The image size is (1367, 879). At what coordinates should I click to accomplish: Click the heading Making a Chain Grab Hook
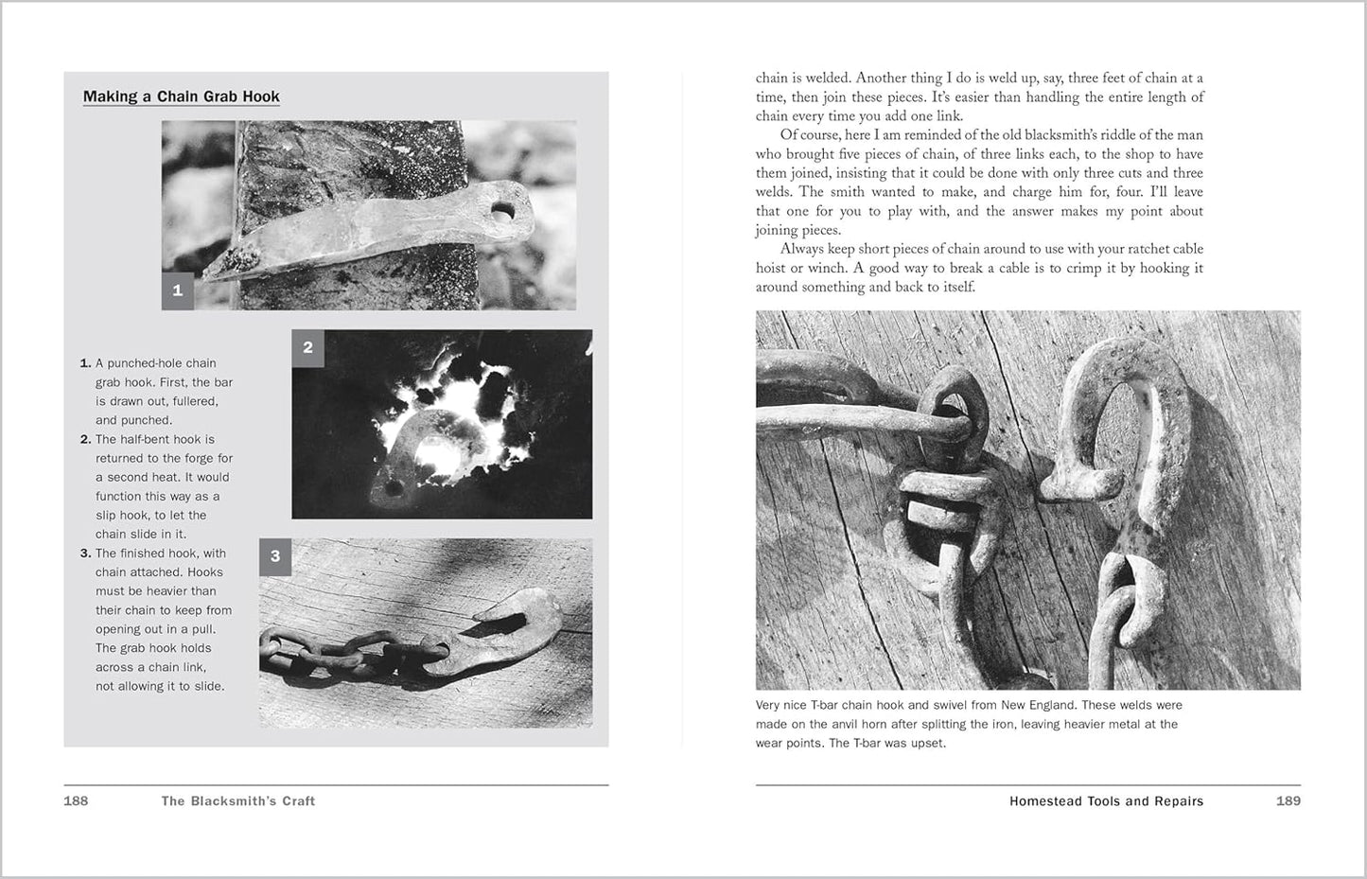(181, 97)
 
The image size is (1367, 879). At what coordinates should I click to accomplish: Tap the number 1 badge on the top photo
(178, 291)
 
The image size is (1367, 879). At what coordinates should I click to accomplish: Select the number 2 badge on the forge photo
(307, 347)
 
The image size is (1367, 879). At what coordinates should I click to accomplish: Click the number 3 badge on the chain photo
(275, 556)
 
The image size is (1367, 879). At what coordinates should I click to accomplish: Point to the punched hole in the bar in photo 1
(500, 207)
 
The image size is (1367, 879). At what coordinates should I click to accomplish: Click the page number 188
(76, 800)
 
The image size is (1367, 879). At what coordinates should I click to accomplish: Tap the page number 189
(1288, 800)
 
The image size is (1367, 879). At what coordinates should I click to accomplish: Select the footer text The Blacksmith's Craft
(237, 800)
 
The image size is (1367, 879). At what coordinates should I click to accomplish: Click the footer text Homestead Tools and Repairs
(1106, 800)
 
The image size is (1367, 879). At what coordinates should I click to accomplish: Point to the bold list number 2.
(85, 439)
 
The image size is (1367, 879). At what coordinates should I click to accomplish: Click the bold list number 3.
(85, 554)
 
